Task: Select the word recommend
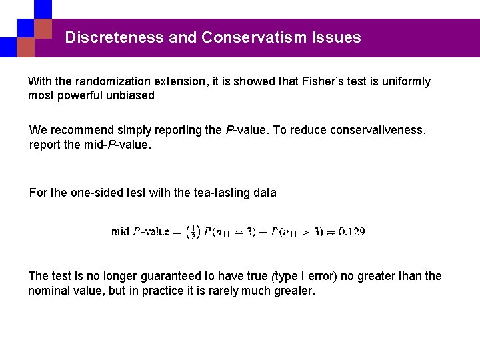pyautogui.click(x=78, y=130)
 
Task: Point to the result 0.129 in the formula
pyautogui.click(x=351, y=232)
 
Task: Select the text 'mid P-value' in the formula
pyautogui.click(x=141, y=232)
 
